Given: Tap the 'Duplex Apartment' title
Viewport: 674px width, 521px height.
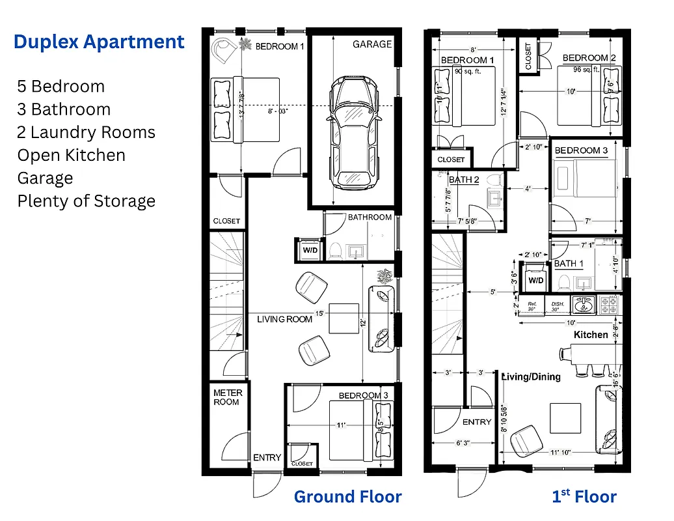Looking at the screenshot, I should click(99, 42).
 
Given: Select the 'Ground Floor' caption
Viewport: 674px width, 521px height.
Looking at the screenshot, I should click(347, 497).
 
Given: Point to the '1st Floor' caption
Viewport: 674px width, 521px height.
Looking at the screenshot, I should click(584, 497).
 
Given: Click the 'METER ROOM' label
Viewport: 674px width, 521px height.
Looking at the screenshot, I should click(228, 397).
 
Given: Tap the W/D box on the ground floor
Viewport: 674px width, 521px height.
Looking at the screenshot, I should click(308, 249).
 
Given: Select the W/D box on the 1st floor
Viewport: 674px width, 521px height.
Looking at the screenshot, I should click(535, 280).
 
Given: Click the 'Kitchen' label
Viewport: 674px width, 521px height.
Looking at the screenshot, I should click(591, 335).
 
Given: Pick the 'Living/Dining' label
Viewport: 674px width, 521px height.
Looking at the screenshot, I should click(531, 376).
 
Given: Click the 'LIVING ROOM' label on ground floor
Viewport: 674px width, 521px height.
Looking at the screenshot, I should click(284, 319).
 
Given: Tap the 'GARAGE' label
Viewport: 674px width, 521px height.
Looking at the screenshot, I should click(372, 44).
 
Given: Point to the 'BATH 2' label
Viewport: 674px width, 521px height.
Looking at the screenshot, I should click(464, 180).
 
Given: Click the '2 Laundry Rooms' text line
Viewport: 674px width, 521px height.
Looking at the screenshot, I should click(87, 132).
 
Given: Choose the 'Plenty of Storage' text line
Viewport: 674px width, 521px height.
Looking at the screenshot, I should click(87, 201).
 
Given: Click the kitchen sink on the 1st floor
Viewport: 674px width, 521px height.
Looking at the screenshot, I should click(582, 303).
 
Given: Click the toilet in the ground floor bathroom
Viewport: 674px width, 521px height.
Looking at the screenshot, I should click(336, 250).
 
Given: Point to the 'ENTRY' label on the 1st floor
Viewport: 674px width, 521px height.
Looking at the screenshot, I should click(477, 422).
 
